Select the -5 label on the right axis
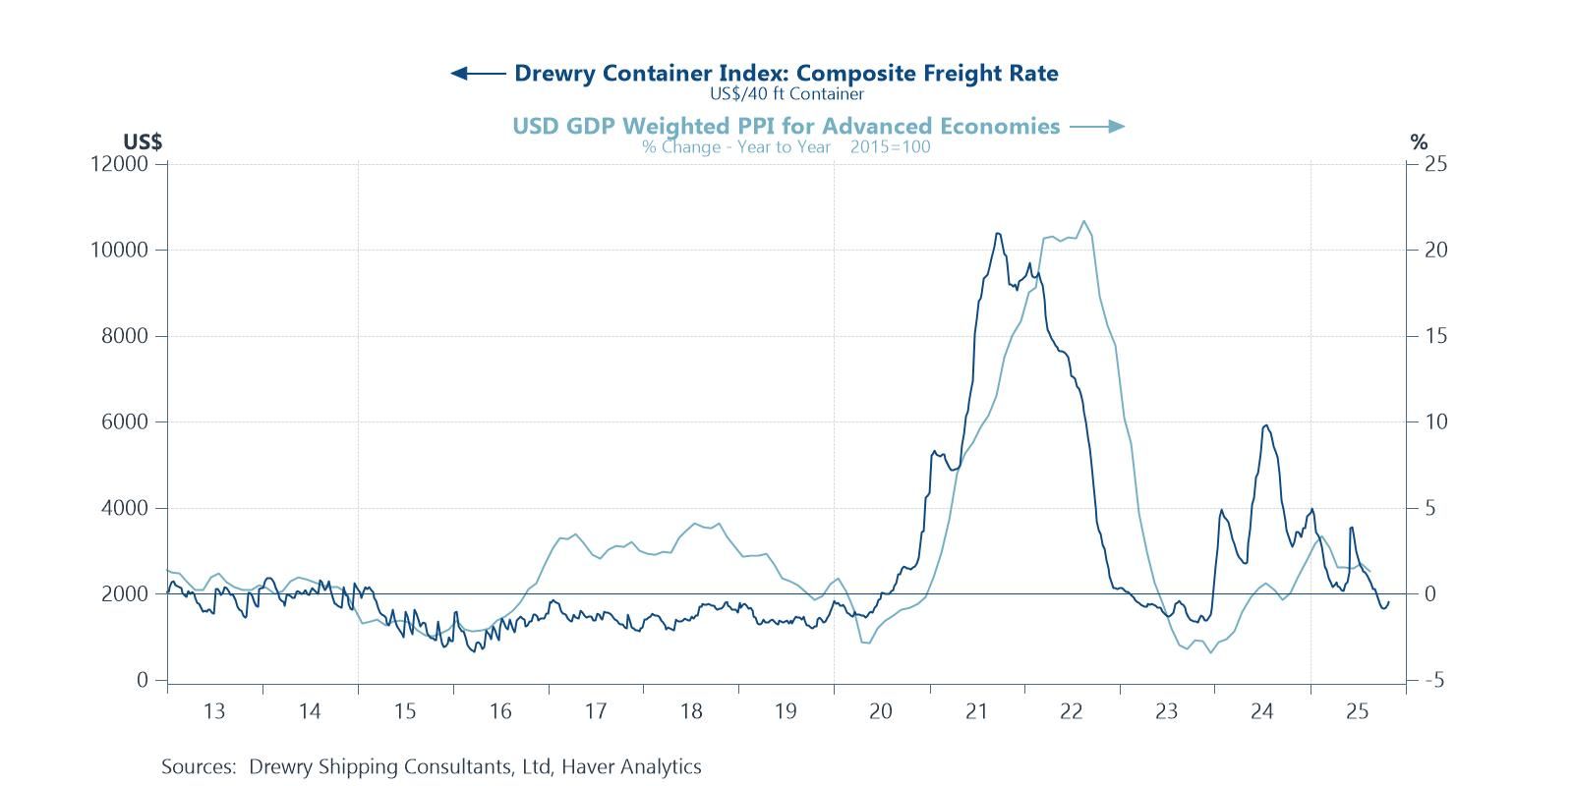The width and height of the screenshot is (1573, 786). [1434, 681]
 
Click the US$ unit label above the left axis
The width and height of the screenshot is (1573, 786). [143, 142]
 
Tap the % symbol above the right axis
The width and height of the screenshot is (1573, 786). [1418, 142]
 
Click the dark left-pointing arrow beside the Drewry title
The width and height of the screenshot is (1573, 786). [478, 73]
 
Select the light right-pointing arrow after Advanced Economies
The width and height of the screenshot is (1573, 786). [1097, 126]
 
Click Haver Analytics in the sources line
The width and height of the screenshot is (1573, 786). [631, 766]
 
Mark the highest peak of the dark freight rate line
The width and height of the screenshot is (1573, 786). [998, 234]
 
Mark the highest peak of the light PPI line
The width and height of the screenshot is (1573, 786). [1083, 221]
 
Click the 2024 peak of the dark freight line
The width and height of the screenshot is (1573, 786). [1266, 425]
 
